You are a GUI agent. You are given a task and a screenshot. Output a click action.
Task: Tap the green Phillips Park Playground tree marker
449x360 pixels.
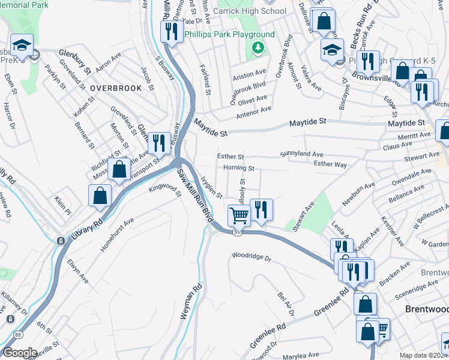coord(258,47)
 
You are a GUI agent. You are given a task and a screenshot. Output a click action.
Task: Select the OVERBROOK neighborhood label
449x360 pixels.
coord(116,88)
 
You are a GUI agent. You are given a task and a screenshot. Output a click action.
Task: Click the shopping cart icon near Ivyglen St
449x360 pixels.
coord(239,215)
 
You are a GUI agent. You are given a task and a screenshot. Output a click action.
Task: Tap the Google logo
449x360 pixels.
coord(19,352)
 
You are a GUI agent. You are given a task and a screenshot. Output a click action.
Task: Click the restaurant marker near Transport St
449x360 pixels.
coord(158,143)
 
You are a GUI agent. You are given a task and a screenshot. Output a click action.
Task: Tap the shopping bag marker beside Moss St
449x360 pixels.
coord(119,170)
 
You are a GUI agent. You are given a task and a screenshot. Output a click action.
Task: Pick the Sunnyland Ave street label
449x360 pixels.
coord(301,154)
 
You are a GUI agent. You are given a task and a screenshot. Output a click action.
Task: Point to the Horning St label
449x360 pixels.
coord(239,169)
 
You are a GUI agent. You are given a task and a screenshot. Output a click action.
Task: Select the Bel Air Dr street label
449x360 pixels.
coord(286,304)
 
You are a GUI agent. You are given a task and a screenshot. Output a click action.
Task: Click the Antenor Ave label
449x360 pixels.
coord(254,112)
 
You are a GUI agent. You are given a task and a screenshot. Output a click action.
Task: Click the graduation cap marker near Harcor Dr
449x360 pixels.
coord(22,46)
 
